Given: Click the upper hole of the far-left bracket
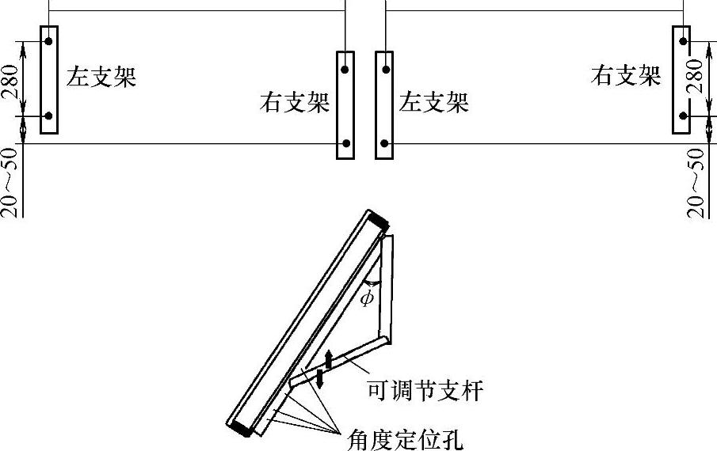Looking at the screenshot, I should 48,40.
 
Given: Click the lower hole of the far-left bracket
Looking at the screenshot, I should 48,116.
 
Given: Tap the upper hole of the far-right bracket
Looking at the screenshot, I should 682,40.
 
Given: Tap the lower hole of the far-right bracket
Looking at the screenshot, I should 682,116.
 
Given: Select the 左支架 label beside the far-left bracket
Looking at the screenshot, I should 101,78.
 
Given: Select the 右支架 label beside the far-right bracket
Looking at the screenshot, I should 626,76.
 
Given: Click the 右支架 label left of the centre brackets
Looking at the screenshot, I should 294,103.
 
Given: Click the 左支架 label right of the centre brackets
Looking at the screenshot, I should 434,103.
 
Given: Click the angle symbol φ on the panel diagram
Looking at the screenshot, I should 365,298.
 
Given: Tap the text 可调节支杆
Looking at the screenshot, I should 425,391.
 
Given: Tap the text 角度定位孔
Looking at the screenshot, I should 402,438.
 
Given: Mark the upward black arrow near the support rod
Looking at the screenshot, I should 329,355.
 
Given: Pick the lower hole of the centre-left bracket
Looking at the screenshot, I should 345,145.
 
